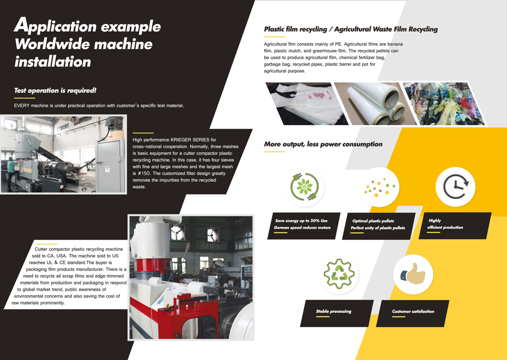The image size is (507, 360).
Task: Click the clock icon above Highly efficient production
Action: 455,187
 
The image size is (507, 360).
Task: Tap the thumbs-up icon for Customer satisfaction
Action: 413,274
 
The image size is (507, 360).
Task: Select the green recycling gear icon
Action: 339,274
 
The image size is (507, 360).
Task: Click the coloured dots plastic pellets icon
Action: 380,187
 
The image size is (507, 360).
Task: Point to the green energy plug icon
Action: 305,187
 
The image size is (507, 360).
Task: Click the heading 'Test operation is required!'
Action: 56,91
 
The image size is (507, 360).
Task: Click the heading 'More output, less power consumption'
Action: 323,144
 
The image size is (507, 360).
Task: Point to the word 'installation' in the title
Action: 53,62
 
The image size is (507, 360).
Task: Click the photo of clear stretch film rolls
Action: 375,103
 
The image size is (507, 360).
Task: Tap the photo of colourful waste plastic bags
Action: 444,103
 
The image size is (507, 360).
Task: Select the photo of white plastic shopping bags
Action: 306,103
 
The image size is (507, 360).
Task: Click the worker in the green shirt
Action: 12,173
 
